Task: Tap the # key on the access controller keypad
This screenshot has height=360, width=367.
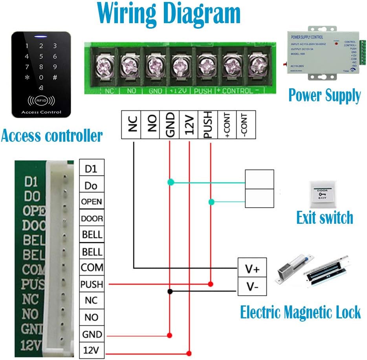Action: (55, 77)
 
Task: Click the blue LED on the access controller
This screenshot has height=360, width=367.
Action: (40, 38)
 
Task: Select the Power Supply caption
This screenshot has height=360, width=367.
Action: (325, 95)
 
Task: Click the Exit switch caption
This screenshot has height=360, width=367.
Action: (325, 217)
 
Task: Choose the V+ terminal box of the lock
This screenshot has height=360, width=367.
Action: (251, 269)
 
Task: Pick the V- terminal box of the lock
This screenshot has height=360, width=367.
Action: (251, 287)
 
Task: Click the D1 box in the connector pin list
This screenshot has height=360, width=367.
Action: (92, 169)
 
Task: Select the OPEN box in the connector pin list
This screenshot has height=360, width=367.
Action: (92, 202)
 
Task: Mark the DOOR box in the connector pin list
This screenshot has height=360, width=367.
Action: (92, 218)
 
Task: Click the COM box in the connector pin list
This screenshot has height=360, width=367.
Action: (92, 268)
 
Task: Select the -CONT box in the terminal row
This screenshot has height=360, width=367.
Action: (246, 124)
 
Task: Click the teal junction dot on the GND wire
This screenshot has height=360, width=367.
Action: (170, 182)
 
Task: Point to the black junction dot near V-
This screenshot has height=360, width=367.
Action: (170, 291)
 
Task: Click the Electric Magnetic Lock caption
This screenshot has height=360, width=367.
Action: (300, 313)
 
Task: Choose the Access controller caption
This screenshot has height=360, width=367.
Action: (51, 136)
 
